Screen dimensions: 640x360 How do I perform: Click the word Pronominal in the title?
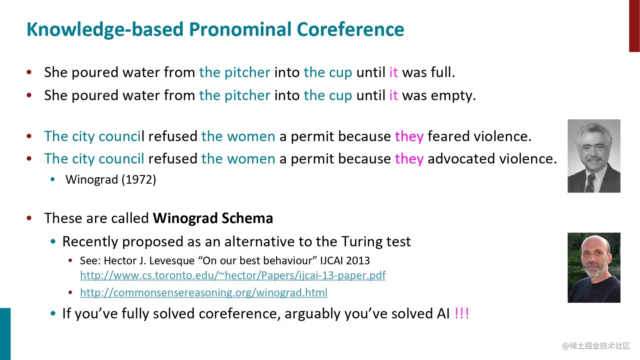tap(240, 30)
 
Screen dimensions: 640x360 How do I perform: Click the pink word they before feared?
tap(409, 137)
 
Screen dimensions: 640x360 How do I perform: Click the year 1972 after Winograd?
tap(139, 179)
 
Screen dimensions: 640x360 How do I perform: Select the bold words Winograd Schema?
tap(213, 218)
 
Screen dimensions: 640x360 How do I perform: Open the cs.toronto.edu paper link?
tap(233, 275)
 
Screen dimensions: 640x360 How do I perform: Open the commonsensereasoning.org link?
tap(204, 293)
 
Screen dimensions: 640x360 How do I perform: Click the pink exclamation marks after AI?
tap(462, 313)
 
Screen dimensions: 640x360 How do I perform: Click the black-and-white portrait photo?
tap(594, 156)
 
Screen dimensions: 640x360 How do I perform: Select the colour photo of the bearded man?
tap(594, 267)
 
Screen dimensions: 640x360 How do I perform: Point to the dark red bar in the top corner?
tap(634, 26)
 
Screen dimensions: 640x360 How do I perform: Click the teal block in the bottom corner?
tap(5, 334)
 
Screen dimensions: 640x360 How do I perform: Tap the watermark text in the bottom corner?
tap(596, 346)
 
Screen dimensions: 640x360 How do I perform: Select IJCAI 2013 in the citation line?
tap(345, 261)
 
